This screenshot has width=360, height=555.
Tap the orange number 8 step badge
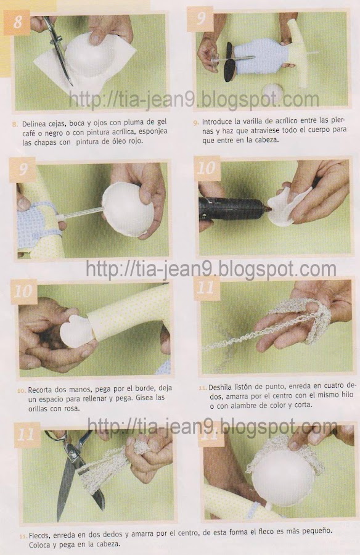(17, 22)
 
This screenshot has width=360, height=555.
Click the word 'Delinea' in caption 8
(34, 124)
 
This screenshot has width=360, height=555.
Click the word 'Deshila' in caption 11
(220, 387)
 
